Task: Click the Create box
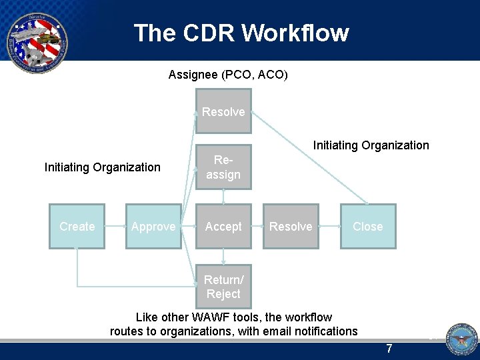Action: click(77, 227)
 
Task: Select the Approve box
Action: click(153, 227)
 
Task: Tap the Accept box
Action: click(223, 227)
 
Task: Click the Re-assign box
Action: click(223, 167)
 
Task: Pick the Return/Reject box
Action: click(223, 287)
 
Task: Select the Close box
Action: click(368, 227)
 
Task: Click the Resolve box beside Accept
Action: click(291, 227)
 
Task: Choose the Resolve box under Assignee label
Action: click(223, 112)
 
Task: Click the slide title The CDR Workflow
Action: click(241, 33)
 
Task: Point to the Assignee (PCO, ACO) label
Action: click(228, 75)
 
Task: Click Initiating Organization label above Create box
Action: click(102, 167)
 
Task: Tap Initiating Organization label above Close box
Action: click(371, 145)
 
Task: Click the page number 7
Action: click(390, 349)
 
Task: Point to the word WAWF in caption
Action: click(209, 317)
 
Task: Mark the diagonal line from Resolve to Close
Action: click(310, 157)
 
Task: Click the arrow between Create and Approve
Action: click(115, 227)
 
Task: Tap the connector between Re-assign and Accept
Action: click(223, 197)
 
